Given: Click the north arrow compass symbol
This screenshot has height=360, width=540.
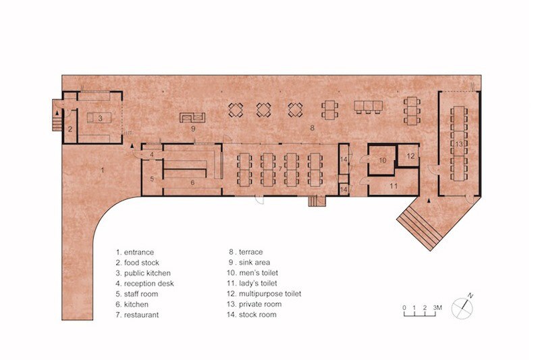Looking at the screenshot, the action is pyautogui.click(x=462, y=308).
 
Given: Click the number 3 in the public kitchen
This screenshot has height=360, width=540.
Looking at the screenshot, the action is pyautogui.click(x=100, y=118).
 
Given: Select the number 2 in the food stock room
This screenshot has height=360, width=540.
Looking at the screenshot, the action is pyautogui.click(x=70, y=130).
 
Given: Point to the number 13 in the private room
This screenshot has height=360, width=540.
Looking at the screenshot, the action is pyautogui.click(x=459, y=144).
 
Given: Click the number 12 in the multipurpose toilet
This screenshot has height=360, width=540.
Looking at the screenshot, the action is pyautogui.click(x=410, y=156).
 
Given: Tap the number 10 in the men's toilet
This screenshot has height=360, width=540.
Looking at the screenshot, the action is pyautogui.click(x=383, y=160).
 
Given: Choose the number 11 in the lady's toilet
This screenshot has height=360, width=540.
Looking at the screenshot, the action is pyautogui.click(x=394, y=186).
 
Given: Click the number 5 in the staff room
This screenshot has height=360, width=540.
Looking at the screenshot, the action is pyautogui.click(x=152, y=179).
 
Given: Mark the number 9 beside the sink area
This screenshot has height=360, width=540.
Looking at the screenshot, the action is pyautogui.click(x=193, y=129).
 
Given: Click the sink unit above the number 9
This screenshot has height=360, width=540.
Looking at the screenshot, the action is pyautogui.click(x=192, y=118).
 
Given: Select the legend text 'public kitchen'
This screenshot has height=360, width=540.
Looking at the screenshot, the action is pyautogui.click(x=147, y=273).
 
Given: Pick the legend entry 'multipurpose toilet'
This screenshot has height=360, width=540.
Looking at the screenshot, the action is pyautogui.click(x=270, y=294).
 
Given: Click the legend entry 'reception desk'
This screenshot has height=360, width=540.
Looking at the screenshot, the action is pyautogui.click(x=148, y=284).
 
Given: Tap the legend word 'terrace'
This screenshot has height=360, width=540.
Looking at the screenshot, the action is pyautogui.click(x=250, y=252).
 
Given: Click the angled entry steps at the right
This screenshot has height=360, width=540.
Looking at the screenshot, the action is pyautogui.click(x=418, y=228).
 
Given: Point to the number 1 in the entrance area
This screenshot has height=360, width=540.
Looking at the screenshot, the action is pyautogui.click(x=102, y=170).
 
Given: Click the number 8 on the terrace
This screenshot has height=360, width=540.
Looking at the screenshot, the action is pyautogui.click(x=312, y=128).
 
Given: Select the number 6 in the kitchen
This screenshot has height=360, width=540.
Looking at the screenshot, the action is pyautogui.click(x=192, y=182).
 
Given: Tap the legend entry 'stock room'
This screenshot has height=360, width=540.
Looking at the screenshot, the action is pyautogui.click(x=258, y=315).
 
